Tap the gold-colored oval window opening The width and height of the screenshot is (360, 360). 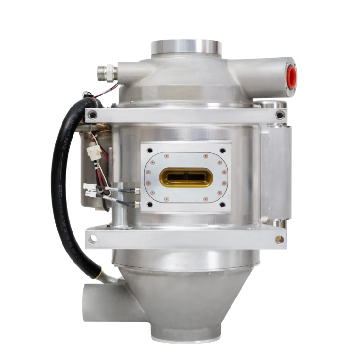click(186, 177)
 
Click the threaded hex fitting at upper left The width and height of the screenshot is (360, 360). click(105, 72)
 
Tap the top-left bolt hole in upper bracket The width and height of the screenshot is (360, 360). click(93, 114)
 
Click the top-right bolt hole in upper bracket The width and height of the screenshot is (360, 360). click(280, 115)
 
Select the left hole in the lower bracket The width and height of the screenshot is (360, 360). click(92, 240)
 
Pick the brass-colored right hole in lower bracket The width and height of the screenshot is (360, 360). click(279, 240)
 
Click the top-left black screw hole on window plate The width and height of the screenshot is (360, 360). click(150, 151)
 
